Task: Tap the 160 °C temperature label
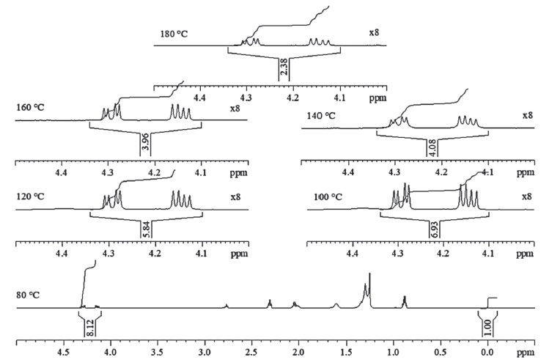(31, 106)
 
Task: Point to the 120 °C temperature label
(31, 197)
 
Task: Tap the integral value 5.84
(145, 229)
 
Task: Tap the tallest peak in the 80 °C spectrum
(369, 275)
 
